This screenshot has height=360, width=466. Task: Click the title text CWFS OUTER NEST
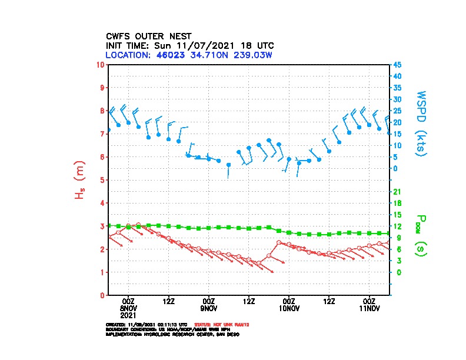[148, 36]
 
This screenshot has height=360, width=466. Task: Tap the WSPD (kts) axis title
[421, 122]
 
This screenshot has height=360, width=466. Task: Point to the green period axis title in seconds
[420, 235]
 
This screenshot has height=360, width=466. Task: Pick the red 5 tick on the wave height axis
[103, 180]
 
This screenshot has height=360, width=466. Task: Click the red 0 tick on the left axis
[103, 295]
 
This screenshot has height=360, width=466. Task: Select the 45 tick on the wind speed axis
[397, 65]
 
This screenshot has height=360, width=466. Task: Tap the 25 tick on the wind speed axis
[397, 111]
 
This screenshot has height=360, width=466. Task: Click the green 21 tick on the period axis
[397, 192]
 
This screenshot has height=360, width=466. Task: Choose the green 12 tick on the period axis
[397, 226]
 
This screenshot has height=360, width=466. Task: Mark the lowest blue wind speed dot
[228, 165]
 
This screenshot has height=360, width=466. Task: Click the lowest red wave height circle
[259, 263]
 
